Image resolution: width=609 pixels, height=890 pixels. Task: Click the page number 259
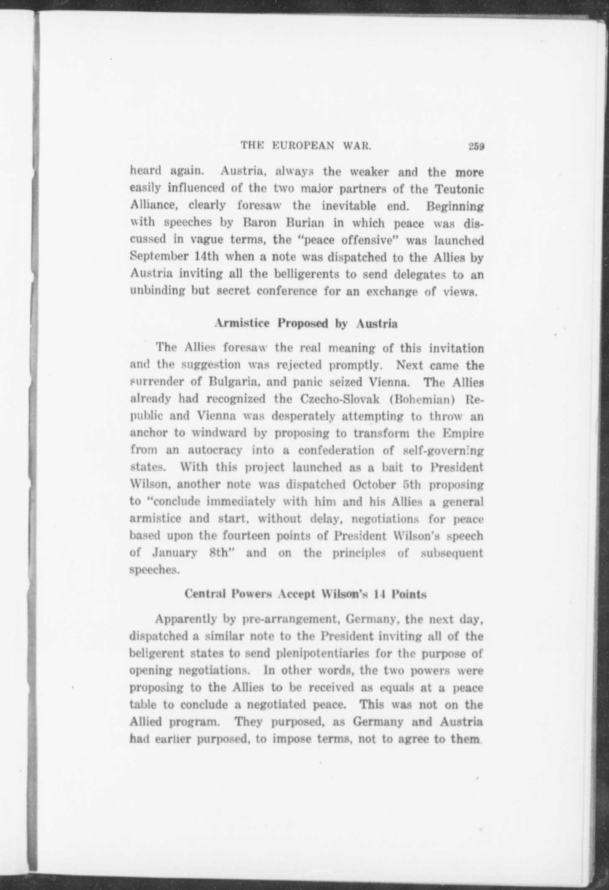tap(476, 146)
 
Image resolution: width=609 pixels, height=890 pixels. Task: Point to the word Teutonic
tap(459, 189)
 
